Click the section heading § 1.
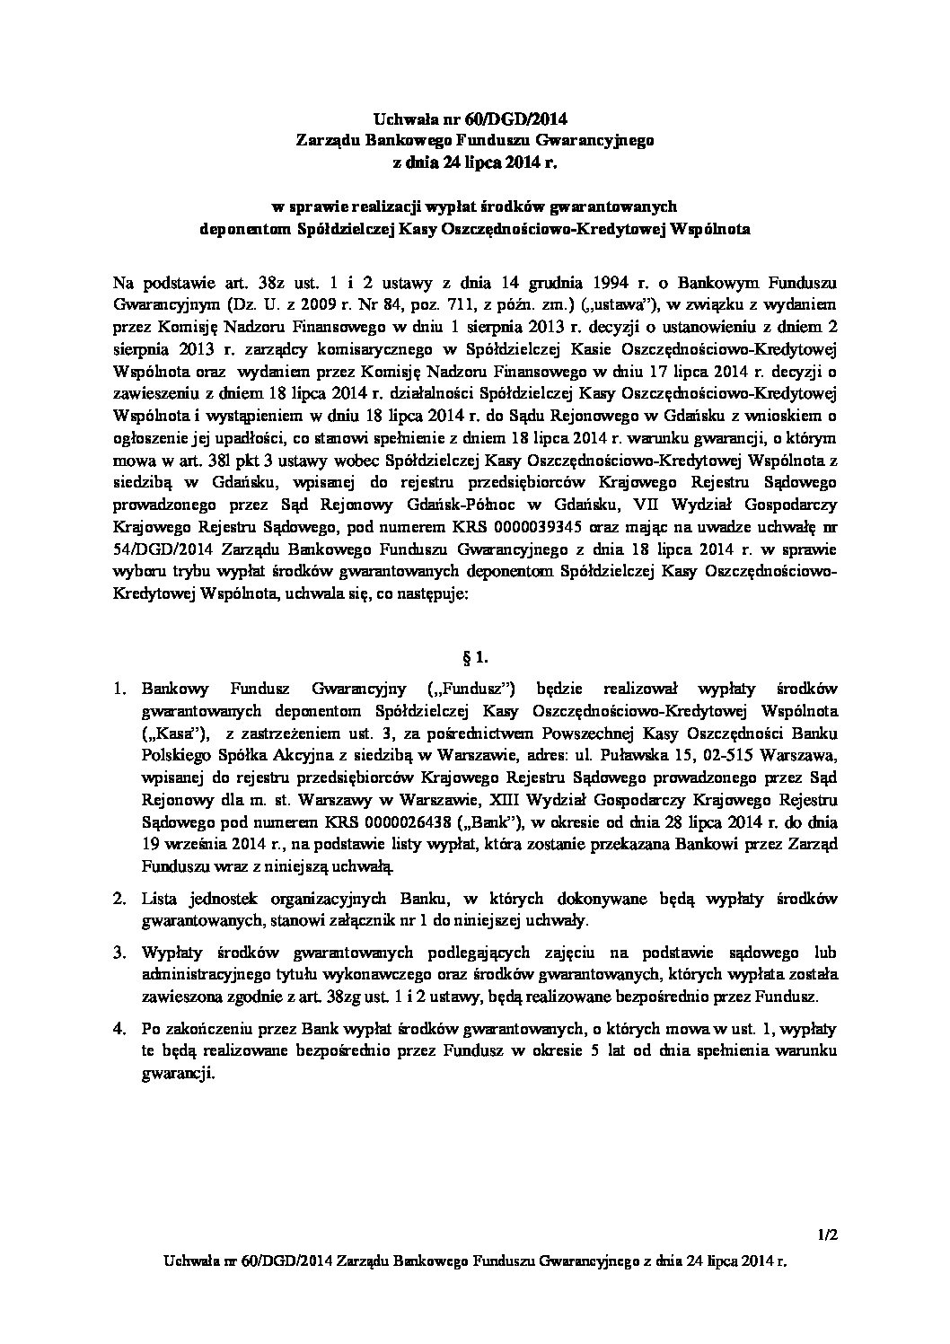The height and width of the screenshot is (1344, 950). pyautogui.click(x=475, y=657)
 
